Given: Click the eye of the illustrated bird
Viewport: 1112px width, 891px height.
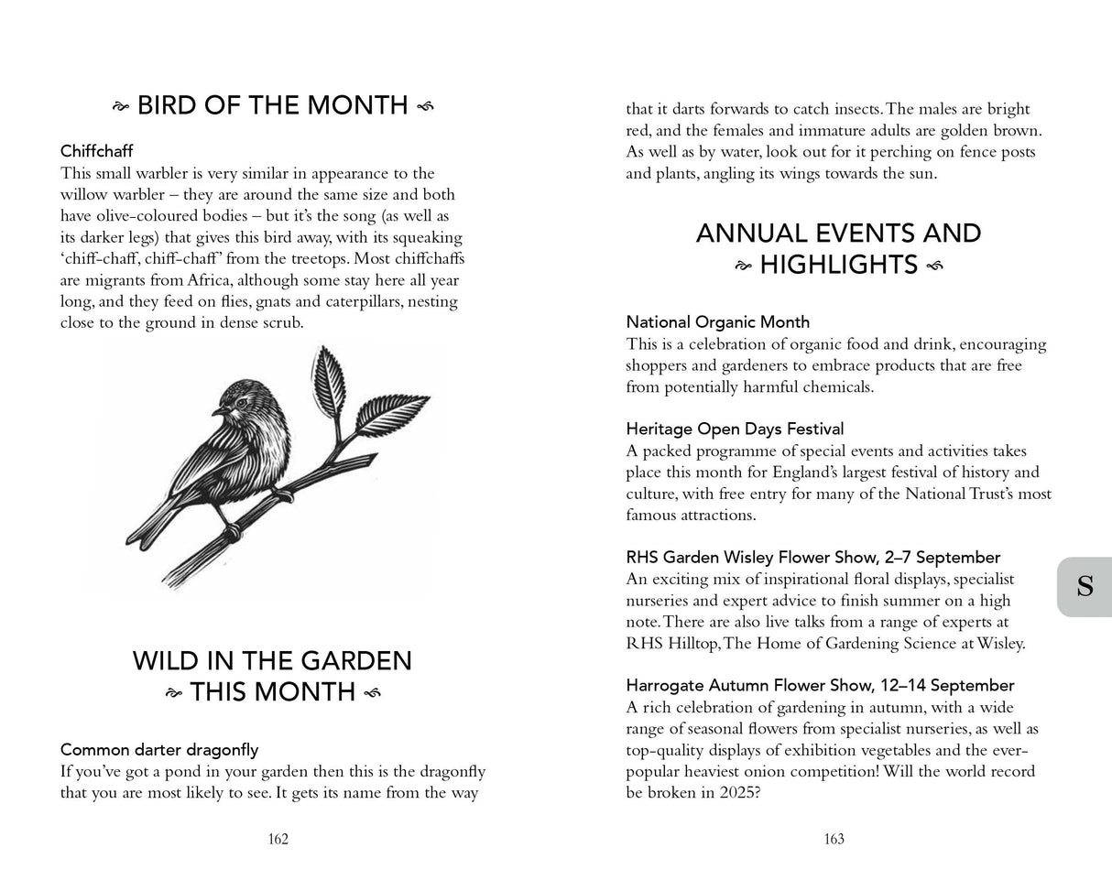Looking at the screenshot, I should coord(241,401).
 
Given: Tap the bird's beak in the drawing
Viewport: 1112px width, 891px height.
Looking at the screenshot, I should coord(218,412).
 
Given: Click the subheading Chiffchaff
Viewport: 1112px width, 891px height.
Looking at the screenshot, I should coord(97,151).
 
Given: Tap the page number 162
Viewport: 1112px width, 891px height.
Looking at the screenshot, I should coord(278,839).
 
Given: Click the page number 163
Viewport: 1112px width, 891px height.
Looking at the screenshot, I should coord(834,839).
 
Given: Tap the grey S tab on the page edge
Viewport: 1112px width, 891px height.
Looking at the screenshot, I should coord(1085,586).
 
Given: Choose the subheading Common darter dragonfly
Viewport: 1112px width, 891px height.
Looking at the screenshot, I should coord(159,750).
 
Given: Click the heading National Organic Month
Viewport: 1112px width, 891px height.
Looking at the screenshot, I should coord(717,322).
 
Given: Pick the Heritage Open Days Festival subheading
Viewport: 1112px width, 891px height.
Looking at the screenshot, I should coord(735,429).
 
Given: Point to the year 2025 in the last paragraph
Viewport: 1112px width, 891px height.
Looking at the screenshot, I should coord(733,792).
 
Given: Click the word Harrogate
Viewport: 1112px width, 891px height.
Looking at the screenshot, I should coord(663,685).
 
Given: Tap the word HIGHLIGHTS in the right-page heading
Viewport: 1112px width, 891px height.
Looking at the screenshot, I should coord(838,266).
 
